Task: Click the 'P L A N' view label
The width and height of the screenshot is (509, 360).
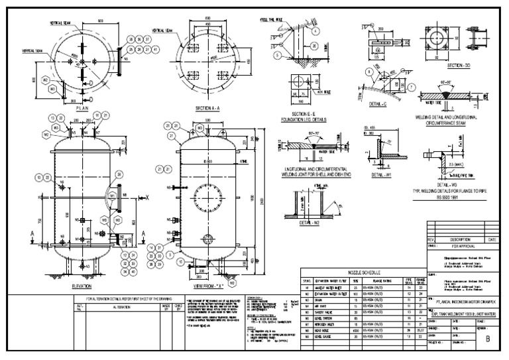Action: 82,107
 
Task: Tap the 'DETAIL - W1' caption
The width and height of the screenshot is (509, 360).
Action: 380,175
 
